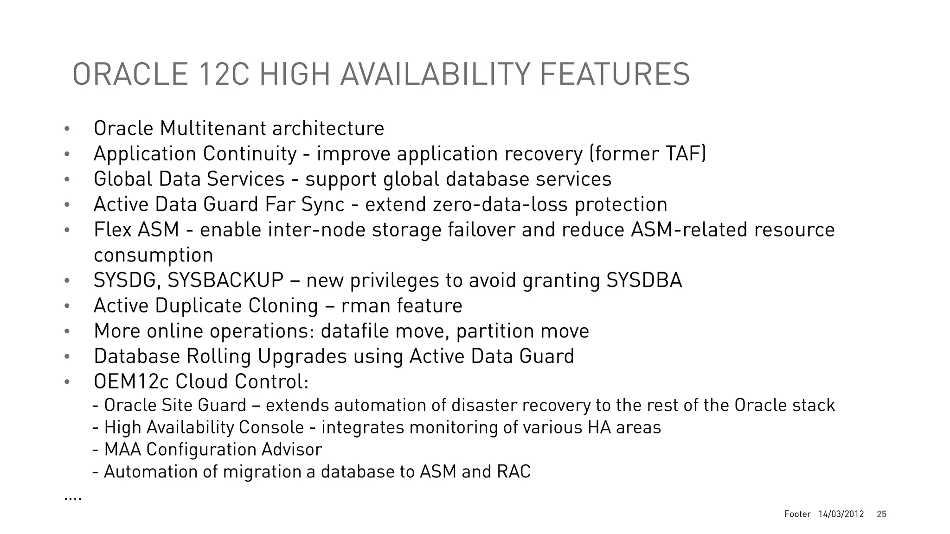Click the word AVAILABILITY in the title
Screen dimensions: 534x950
point(435,74)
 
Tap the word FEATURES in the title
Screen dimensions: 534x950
point(615,74)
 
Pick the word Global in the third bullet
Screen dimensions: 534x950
point(123,179)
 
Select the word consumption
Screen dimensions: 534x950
point(153,255)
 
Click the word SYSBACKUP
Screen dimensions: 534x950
point(225,280)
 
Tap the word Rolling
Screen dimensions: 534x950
point(218,356)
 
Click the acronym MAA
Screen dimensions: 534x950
point(122,450)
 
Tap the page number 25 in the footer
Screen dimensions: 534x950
point(881,514)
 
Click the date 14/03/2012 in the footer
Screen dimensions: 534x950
point(841,514)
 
